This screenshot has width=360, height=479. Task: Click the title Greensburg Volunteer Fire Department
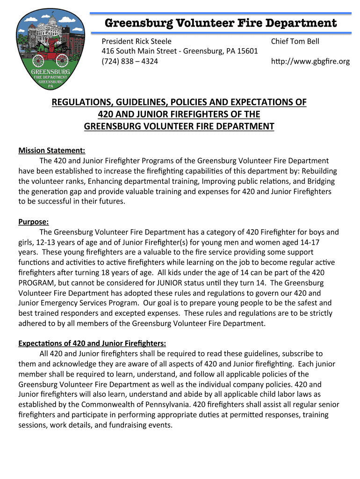click(x=220, y=23)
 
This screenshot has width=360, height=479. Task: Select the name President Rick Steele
click(x=137, y=41)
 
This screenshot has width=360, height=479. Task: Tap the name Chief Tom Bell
click(x=295, y=41)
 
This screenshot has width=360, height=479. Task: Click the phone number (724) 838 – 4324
click(x=130, y=61)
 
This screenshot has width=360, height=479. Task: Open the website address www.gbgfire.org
click(x=310, y=61)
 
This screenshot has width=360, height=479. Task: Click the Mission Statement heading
click(x=52, y=150)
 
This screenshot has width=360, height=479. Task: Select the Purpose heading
click(x=33, y=222)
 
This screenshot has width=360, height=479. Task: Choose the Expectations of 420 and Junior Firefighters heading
click(x=92, y=343)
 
